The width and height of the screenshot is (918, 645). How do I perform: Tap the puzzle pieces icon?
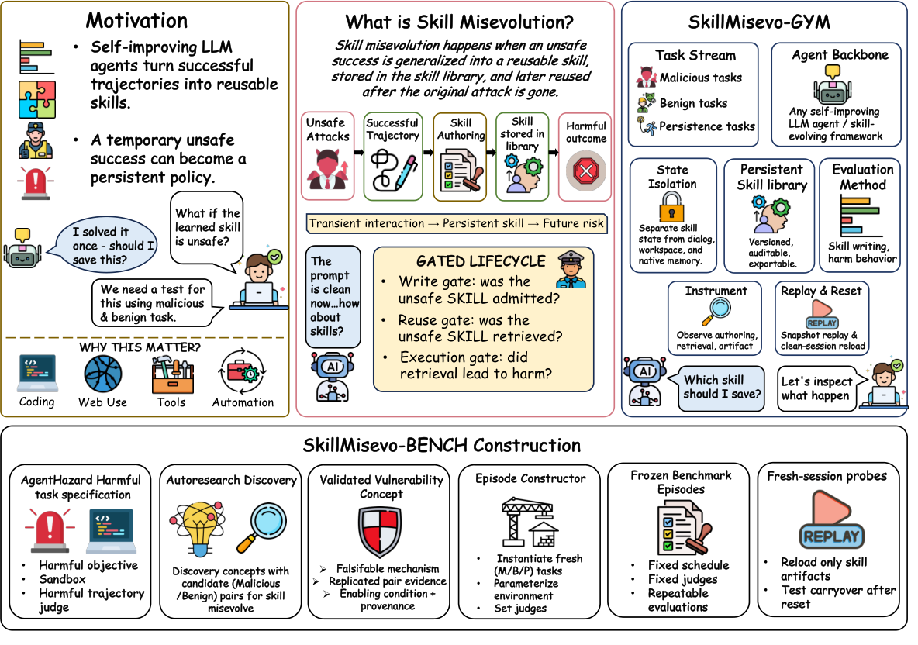(x=37, y=99)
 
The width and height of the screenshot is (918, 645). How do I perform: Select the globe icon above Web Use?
(x=103, y=374)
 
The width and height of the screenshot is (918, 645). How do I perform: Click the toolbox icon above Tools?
(x=172, y=375)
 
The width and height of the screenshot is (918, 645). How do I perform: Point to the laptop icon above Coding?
(x=37, y=373)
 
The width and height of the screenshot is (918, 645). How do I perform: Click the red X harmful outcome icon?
(x=585, y=171)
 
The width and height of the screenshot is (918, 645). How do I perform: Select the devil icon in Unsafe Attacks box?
(x=327, y=169)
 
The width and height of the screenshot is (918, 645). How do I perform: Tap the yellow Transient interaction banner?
(x=456, y=223)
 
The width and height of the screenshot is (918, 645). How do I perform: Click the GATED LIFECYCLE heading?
(x=481, y=261)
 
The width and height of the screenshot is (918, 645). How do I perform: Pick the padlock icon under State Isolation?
(x=671, y=207)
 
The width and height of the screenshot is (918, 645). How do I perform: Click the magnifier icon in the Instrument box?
(x=716, y=312)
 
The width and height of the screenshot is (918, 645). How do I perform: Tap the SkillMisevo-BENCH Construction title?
(x=442, y=446)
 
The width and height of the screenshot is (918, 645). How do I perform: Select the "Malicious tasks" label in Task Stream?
(x=701, y=78)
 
